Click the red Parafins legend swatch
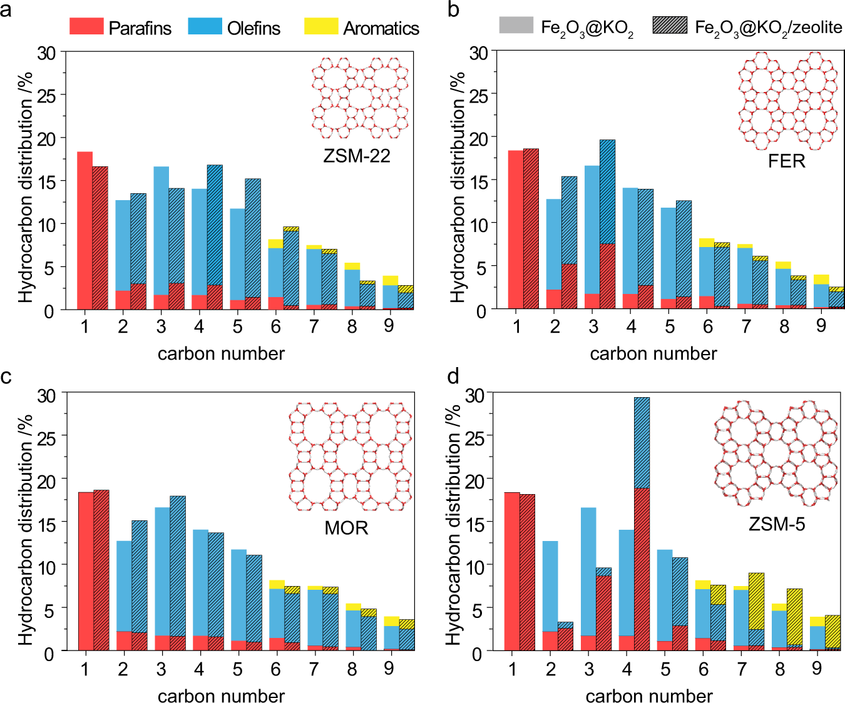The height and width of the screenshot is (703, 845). [86, 26]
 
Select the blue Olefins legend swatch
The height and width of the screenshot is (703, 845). [205, 26]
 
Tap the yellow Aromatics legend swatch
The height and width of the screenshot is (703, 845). [321, 26]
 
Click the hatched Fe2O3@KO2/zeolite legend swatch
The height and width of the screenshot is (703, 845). [670, 26]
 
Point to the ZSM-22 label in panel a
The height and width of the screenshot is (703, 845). [356, 155]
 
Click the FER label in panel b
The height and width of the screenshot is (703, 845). [786, 161]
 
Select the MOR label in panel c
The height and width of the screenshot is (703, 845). [346, 528]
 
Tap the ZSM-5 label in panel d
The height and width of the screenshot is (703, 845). [777, 523]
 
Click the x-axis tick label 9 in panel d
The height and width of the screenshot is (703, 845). [817, 668]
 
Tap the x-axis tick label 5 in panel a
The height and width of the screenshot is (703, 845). [237, 326]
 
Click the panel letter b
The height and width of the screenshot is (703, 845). [454, 11]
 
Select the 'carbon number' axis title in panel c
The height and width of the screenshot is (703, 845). [221, 695]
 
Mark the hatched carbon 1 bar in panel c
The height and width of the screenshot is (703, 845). [101, 570]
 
